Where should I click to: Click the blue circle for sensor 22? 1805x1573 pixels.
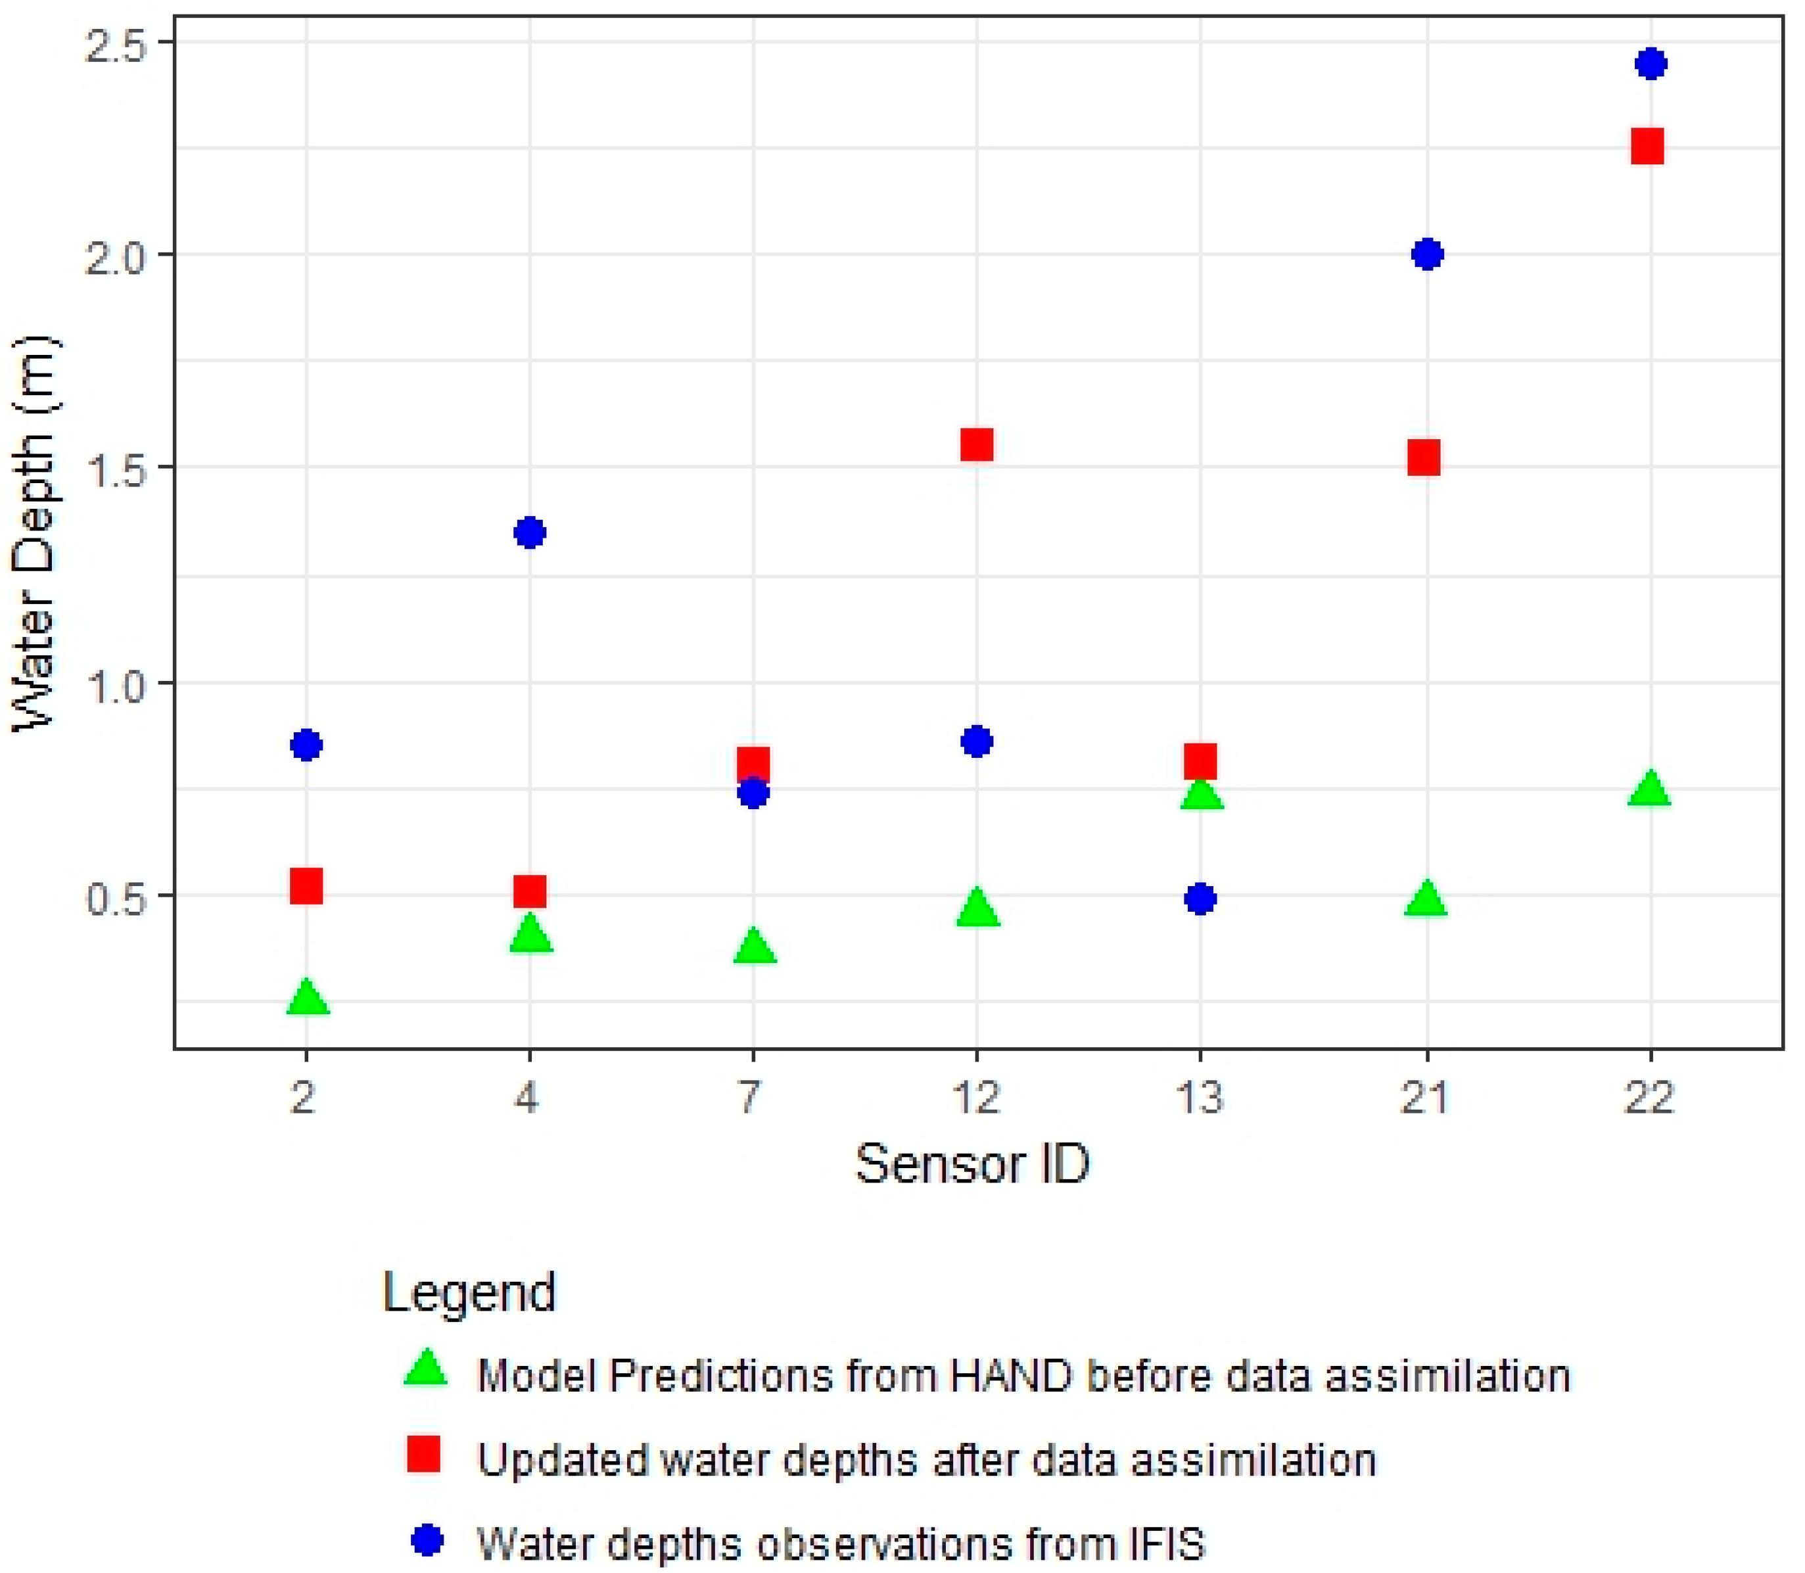pos(1651,64)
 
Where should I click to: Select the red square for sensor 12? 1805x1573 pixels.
pos(976,445)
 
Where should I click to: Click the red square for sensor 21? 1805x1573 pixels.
pos(1424,458)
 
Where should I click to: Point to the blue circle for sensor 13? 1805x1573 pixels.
pos(1200,899)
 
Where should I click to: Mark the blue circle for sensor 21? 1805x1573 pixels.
pos(1428,254)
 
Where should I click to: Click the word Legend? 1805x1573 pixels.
pos(470,1293)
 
